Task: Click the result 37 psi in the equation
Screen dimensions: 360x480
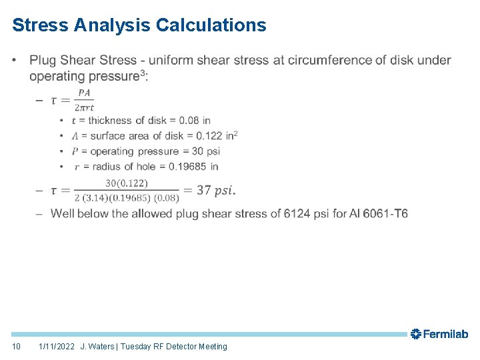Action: (214, 191)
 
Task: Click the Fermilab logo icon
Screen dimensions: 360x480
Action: (415, 334)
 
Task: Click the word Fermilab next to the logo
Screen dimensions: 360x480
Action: (445, 335)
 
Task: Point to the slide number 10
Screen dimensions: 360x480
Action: (17, 347)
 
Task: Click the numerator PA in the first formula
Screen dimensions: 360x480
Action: (84, 93)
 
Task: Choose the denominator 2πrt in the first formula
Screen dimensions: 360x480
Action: (84, 107)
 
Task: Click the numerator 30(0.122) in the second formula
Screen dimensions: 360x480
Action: (127, 183)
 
